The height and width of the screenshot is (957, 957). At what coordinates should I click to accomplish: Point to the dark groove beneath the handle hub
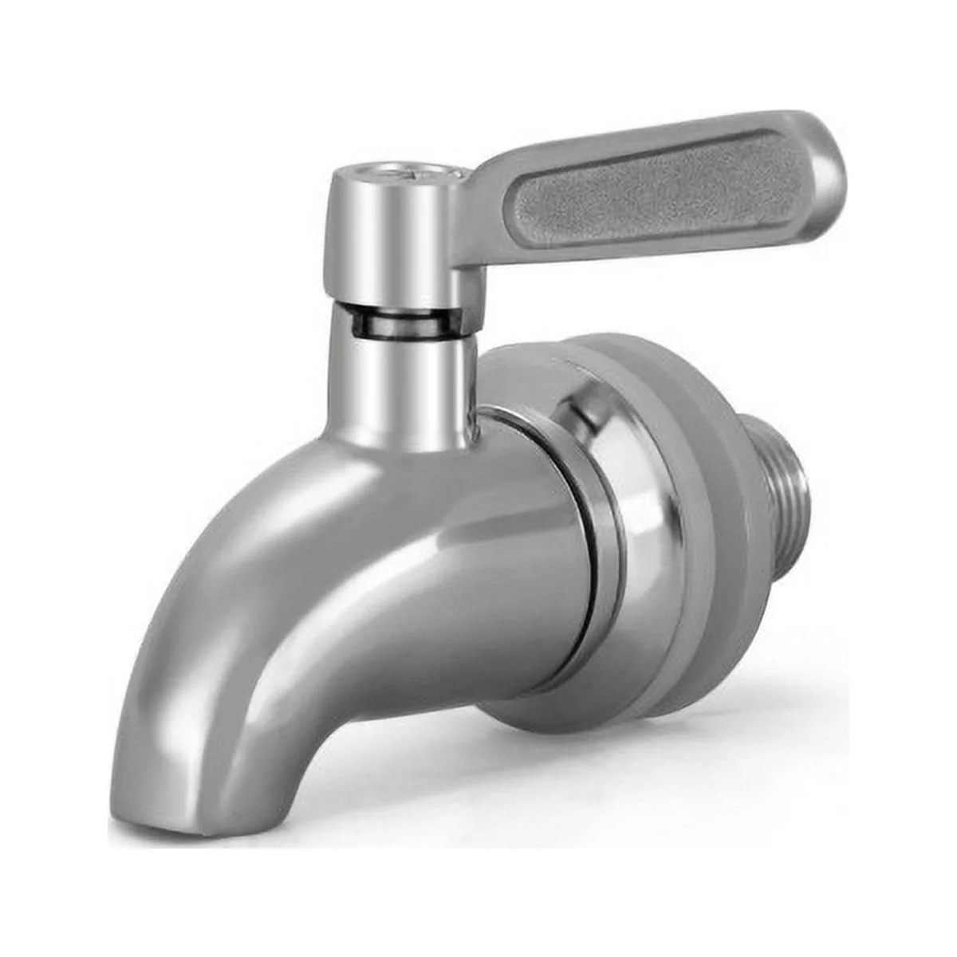(399, 324)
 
